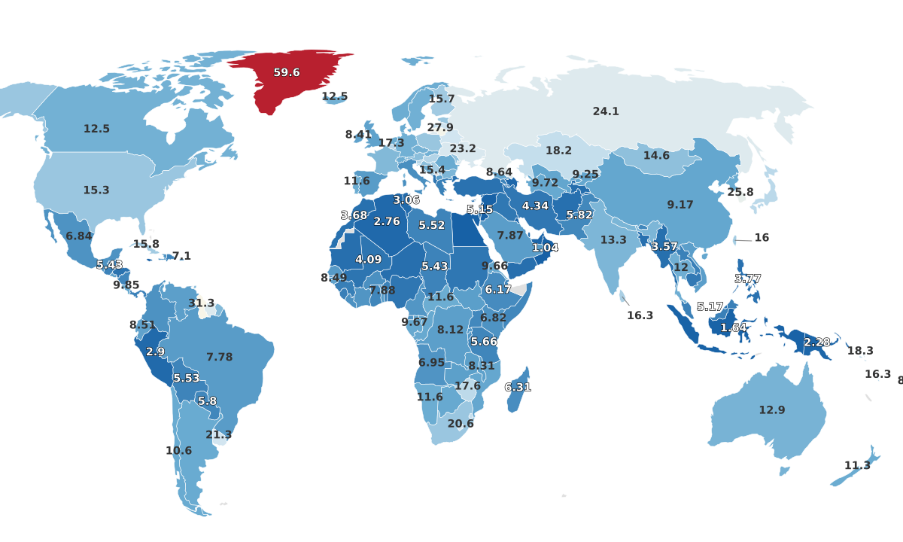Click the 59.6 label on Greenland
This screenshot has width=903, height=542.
point(287,73)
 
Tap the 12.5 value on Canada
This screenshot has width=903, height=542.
point(96,129)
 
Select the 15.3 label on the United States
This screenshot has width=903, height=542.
point(96,190)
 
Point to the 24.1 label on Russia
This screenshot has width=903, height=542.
point(606,111)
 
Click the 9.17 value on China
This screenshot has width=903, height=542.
point(680,205)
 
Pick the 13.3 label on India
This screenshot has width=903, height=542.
point(613,240)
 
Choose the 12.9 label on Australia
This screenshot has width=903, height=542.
point(772,410)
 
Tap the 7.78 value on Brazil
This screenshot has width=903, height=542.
point(220,357)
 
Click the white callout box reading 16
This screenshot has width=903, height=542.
point(762,238)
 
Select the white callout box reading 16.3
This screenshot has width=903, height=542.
point(640,315)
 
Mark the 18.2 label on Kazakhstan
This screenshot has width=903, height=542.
point(558,151)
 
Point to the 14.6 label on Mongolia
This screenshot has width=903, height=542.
point(656,156)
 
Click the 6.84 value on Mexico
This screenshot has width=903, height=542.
point(79,236)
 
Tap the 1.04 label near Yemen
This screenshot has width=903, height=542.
point(545,248)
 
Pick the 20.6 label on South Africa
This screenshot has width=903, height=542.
point(461,424)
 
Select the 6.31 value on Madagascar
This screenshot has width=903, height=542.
point(518,388)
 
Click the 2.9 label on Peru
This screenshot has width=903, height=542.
point(156,352)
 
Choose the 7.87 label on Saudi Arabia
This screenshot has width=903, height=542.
point(510,236)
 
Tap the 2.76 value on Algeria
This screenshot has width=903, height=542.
point(387,222)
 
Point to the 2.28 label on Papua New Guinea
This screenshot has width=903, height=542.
point(817,343)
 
